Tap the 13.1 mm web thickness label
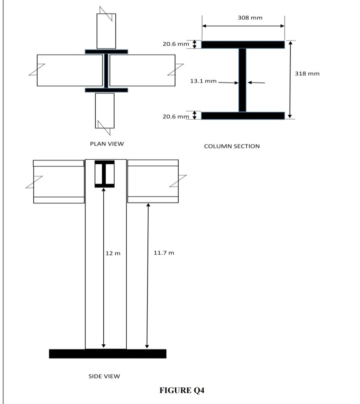203,81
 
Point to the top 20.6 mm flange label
175,44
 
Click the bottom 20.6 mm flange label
175,115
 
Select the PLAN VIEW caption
107,144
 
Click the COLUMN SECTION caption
232,146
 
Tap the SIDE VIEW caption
104,376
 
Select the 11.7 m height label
164,253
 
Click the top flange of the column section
243,44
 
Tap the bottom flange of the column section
243,115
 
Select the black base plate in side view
107,354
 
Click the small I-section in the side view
104,174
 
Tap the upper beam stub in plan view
106,31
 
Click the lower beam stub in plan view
105,110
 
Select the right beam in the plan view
142,70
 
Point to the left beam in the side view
59,181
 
